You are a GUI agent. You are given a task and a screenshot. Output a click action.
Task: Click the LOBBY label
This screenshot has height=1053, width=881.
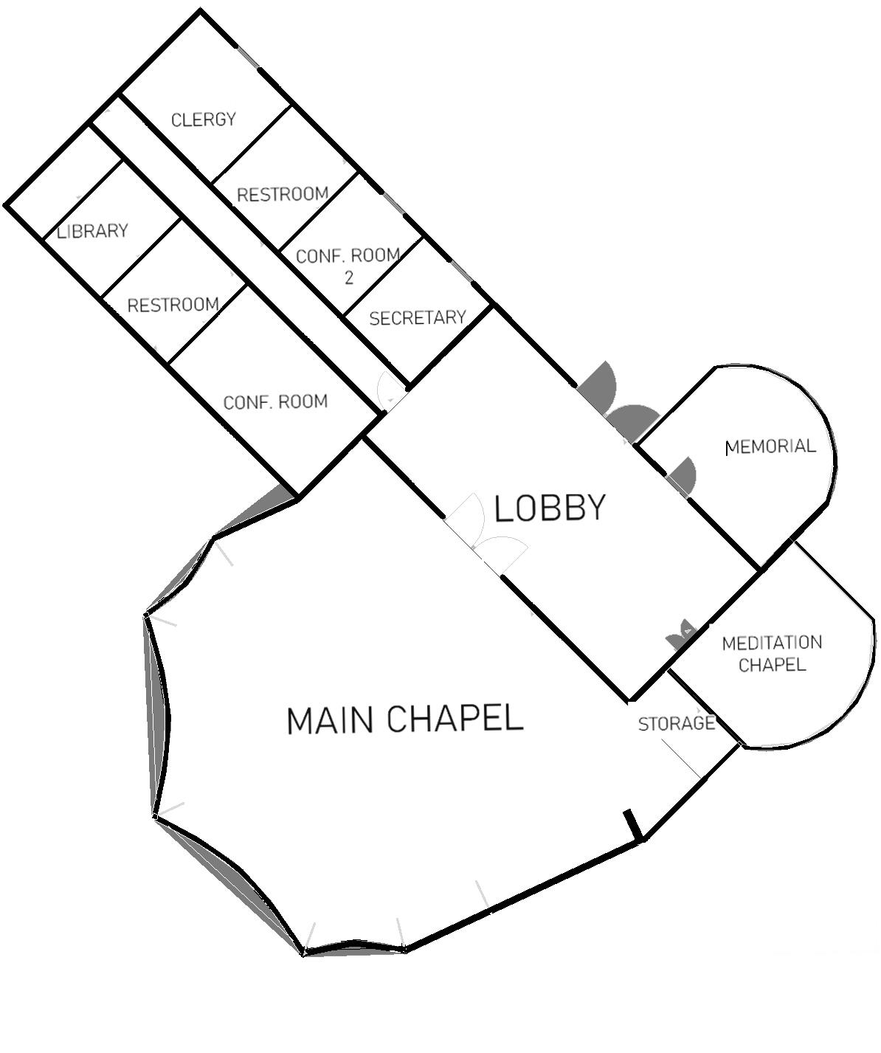coord(550,508)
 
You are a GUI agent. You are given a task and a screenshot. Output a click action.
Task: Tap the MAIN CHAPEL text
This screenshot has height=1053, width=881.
coord(404,719)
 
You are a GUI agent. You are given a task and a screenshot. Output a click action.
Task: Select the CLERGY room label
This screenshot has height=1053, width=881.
coord(204,120)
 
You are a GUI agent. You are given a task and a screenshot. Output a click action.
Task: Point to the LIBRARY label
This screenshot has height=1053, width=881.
coord(93,232)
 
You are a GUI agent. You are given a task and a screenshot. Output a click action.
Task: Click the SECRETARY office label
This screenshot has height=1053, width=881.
coord(418,318)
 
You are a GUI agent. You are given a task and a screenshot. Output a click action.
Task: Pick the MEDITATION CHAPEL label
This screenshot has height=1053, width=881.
coord(772,654)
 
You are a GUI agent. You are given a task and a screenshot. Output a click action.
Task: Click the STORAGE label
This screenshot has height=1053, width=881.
coord(677,724)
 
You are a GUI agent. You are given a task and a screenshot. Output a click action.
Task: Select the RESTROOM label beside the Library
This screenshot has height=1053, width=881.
coord(173,305)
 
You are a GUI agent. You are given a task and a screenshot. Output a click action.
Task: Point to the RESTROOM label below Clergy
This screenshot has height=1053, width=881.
coord(283,195)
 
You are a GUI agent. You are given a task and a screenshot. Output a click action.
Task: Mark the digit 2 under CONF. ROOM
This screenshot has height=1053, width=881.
coord(348,278)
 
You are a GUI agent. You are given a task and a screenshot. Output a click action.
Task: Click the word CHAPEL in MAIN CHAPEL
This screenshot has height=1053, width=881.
coord(455,719)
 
